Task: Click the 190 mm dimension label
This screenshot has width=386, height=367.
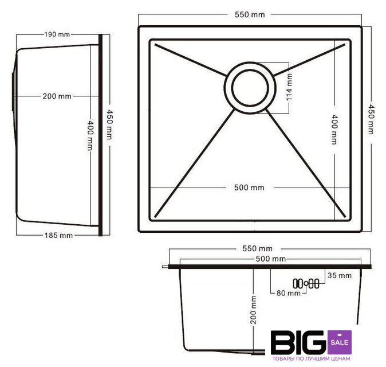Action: click(x=57, y=34)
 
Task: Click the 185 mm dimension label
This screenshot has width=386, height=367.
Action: click(x=58, y=235)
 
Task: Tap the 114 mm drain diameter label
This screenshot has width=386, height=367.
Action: click(x=289, y=87)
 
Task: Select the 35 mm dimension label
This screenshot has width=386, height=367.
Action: click(x=340, y=276)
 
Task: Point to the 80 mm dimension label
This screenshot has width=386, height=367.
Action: click(x=289, y=293)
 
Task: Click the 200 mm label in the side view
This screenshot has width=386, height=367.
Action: click(x=57, y=96)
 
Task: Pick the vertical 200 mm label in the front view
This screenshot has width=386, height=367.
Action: click(x=253, y=310)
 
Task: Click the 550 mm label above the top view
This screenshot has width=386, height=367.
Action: click(x=250, y=14)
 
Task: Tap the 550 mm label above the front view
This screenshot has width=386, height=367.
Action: click(x=257, y=248)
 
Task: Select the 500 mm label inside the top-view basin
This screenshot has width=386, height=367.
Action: click(x=249, y=188)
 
